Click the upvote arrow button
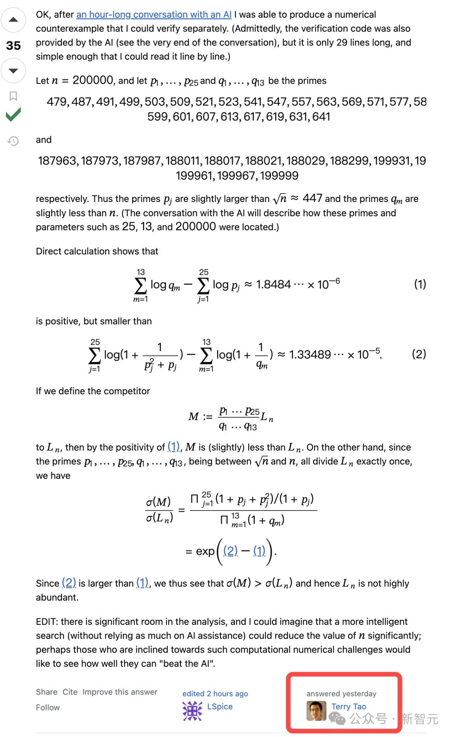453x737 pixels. (x=13, y=20)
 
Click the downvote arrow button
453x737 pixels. (x=13, y=71)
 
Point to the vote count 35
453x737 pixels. (x=13, y=45)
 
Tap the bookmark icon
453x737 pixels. (x=13, y=96)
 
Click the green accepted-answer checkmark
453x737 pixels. (x=13, y=114)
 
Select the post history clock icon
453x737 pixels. (x=13, y=141)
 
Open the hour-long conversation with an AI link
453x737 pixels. (x=154, y=15)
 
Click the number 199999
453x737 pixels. (x=279, y=176)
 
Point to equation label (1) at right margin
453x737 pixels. (x=420, y=284)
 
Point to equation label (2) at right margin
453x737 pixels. (x=419, y=354)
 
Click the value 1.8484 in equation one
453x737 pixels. (x=273, y=285)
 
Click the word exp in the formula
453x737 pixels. (x=205, y=551)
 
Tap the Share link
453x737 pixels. (x=47, y=692)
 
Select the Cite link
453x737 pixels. (x=70, y=692)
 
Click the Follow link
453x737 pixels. (x=48, y=707)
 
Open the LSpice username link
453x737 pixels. (x=220, y=706)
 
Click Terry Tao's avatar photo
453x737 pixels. (x=316, y=711)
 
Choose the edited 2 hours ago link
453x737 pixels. (x=215, y=693)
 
